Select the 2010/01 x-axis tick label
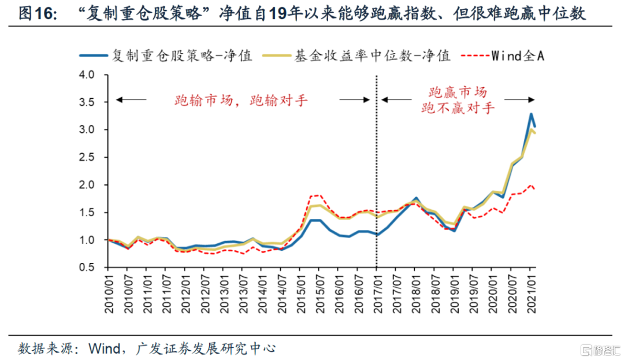(x=109, y=295)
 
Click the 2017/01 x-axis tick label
(x=376, y=295)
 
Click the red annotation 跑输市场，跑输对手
(x=242, y=100)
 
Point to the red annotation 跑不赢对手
(x=458, y=107)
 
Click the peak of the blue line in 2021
(x=531, y=114)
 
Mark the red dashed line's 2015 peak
(x=317, y=195)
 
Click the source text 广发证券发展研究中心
(x=205, y=348)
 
